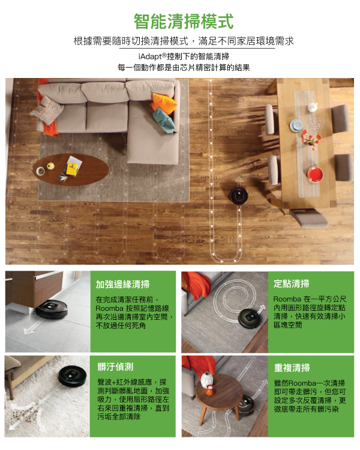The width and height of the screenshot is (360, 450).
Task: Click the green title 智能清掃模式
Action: (184, 22)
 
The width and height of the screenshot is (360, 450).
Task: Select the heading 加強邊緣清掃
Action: (122, 284)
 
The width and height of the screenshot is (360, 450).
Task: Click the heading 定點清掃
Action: (292, 284)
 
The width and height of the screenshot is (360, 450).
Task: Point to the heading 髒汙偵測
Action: (115, 367)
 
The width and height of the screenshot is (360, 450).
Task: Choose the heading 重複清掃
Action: (292, 368)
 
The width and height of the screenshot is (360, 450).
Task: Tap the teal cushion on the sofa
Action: (164, 121)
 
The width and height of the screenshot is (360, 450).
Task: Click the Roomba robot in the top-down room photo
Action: (239, 196)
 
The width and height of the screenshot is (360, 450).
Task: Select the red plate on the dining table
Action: (315, 174)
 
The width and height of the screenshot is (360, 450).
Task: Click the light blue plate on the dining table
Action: (296, 125)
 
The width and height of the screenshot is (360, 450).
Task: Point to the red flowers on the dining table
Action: (311, 139)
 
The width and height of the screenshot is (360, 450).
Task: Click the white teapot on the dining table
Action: (313, 107)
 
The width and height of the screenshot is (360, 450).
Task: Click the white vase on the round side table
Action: (206, 379)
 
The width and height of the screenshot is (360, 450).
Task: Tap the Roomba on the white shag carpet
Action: (73, 375)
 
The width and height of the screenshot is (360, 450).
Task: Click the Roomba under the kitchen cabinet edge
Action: (52, 309)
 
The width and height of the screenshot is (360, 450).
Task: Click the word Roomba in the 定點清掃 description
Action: (287, 299)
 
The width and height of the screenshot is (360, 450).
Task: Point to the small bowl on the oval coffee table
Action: (41, 171)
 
